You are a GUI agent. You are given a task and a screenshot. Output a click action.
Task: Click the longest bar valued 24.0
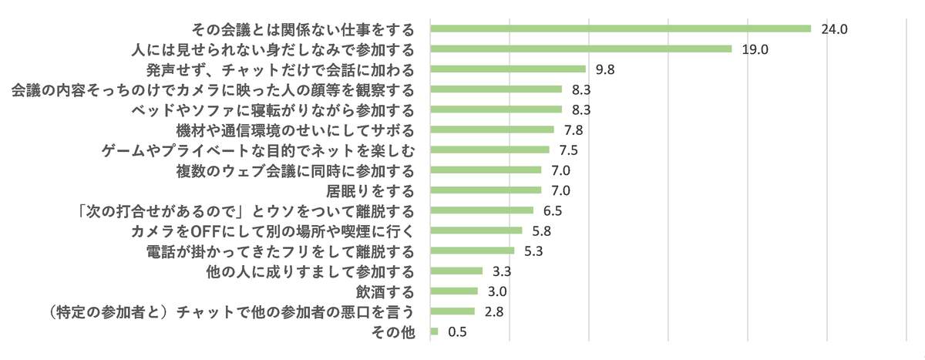621,29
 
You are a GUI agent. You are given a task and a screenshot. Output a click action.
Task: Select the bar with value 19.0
580,49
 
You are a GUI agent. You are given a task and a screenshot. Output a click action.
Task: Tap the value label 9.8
604,69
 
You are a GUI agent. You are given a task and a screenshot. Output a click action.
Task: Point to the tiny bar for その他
434,331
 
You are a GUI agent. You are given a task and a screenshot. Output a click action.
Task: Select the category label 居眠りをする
372,190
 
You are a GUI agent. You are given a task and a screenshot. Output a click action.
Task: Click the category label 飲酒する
385,291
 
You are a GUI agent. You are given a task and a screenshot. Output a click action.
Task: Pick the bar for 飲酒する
454,291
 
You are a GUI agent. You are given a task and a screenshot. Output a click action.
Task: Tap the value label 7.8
573,130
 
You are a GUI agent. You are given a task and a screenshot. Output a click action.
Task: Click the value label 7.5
568,150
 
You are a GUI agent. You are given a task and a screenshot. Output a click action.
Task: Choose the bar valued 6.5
482,210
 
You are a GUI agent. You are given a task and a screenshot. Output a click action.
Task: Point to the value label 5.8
541,230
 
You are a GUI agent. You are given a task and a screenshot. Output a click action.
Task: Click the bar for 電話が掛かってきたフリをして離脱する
472,251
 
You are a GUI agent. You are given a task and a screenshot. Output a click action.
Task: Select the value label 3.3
501,271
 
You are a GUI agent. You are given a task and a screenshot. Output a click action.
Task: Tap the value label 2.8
493,311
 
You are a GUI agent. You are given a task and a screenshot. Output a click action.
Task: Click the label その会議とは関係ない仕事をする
303,29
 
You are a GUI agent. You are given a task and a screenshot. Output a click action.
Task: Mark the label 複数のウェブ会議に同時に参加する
296,170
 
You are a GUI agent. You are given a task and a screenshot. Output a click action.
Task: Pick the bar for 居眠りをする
486,190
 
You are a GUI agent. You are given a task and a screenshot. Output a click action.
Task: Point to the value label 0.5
457,332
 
